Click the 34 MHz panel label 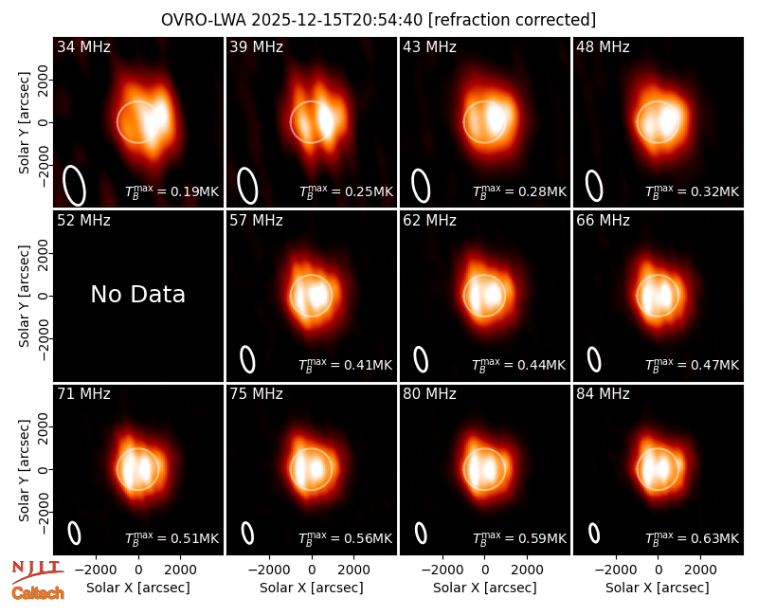[83, 46]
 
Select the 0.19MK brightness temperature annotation [172, 191]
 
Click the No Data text [137, 295]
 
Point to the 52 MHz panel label [83, 221]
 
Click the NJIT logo [37, 571]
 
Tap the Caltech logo [38, 593]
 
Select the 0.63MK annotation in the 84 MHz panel [693, 538]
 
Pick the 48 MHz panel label [603, 46]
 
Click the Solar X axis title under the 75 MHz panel [312, 588]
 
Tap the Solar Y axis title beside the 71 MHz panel [24, 470]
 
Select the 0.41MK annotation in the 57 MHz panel [346, 365]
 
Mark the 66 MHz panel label [603, 221]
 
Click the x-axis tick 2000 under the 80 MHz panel [527, 570]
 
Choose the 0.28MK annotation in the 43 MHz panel [519, 191]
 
